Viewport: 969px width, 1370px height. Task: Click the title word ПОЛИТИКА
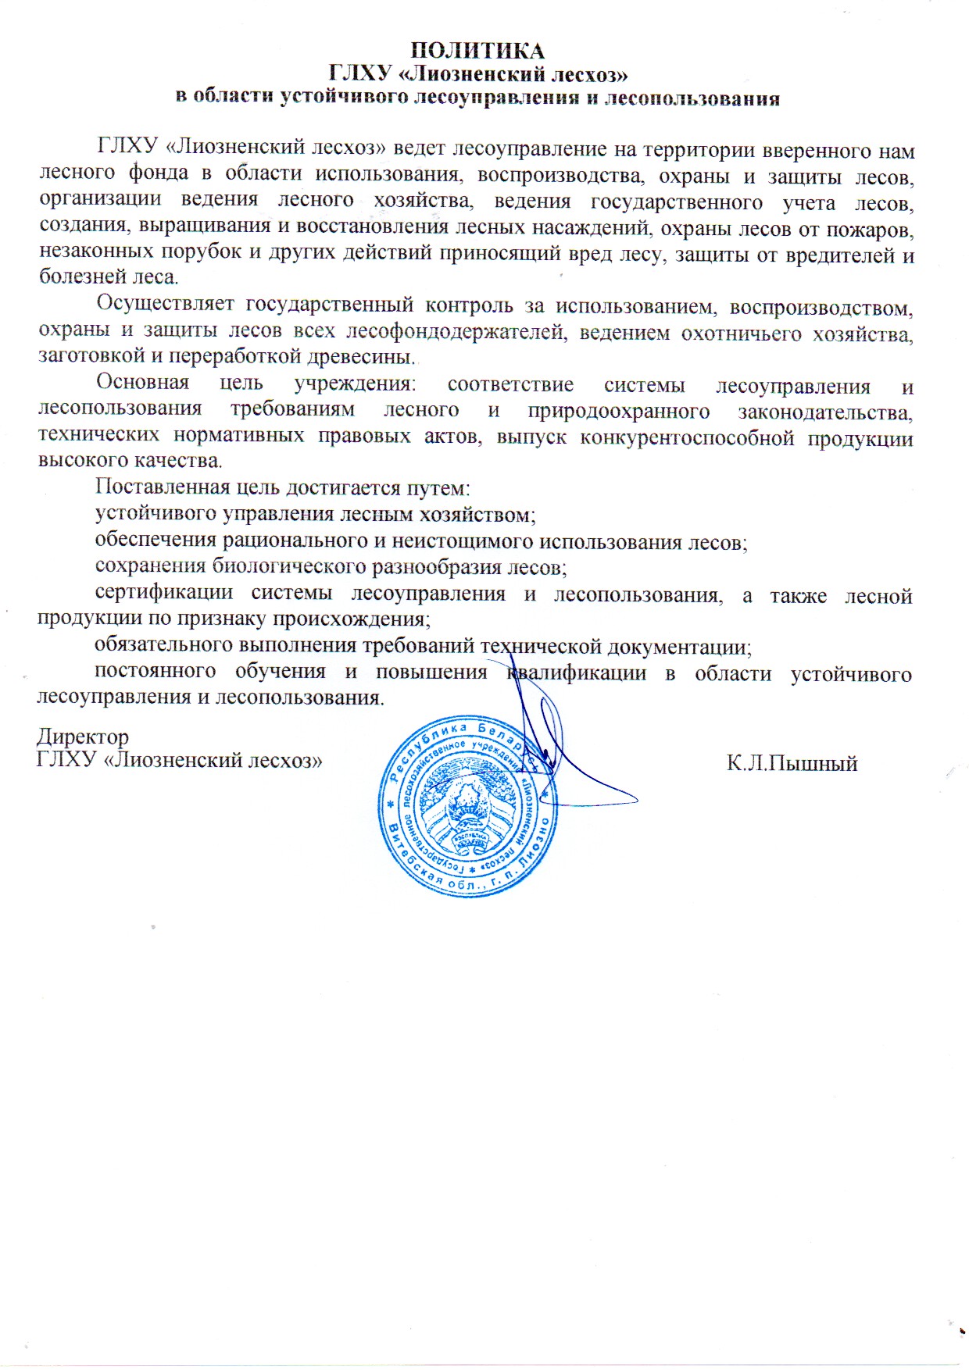(477, 51)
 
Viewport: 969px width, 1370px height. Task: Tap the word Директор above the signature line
(83, 737)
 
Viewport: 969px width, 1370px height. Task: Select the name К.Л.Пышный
(792, 763)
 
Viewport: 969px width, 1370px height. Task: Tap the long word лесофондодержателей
(456, 331)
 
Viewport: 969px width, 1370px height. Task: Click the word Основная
(142, 383)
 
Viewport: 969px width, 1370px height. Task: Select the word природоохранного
(618, 411)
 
